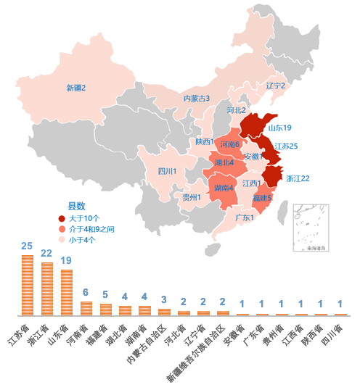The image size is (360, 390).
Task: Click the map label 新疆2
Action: [x=76, y=88]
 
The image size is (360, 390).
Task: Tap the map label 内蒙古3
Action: [x=196, y=98]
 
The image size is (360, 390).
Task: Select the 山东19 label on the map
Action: [x=279, y=128]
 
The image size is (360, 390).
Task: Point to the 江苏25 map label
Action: [x=286, y=146]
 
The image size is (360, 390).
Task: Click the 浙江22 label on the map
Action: [x=298, y=178]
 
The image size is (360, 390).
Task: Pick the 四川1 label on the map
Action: [x=168, y=172]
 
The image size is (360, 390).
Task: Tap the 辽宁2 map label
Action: [x=275, y=86]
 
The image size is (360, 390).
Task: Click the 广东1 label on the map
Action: [x=245, y=217]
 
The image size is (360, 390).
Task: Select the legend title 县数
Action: [x=76, y=206]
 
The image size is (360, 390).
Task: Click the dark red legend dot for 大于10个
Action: [x=62, y=218]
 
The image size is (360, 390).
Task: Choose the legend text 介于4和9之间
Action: [x=91, y=229]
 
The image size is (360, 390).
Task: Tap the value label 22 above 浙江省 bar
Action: [x=46, y=254]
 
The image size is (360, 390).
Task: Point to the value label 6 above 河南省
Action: [x=86, y=293]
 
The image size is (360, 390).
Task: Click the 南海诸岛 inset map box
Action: [x=311, y=228]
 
